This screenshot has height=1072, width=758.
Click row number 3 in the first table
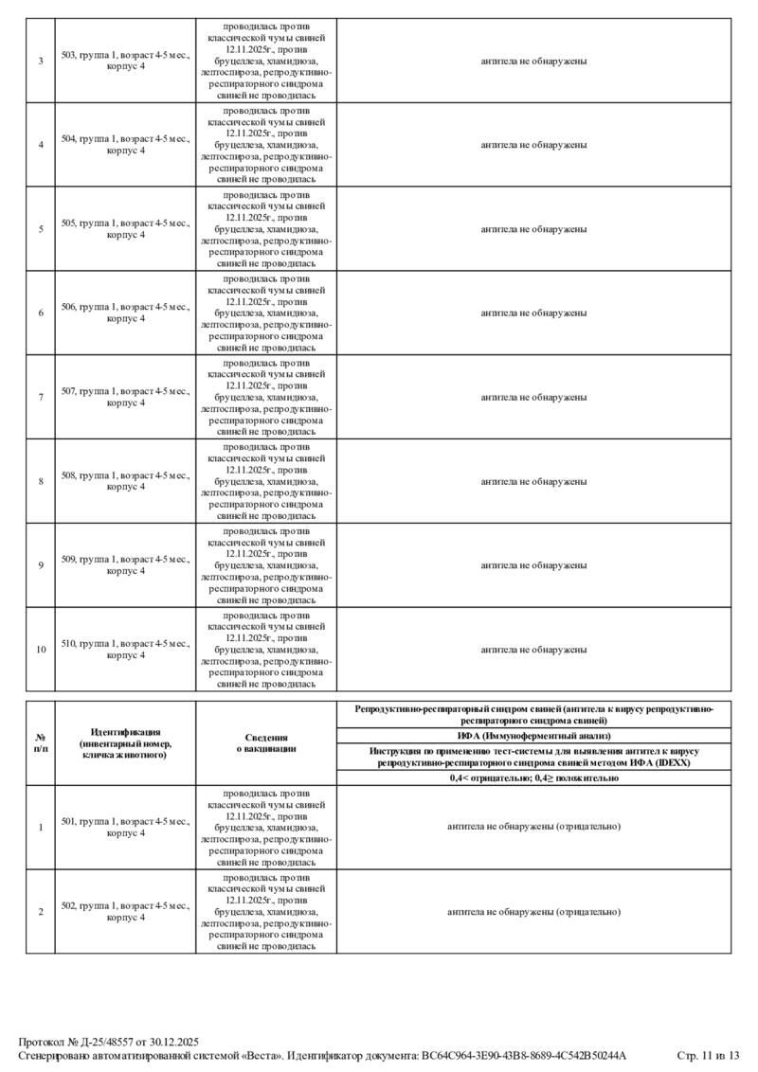click(41, 62)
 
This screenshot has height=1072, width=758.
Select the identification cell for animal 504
click(125, 145)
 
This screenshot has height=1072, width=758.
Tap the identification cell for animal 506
click(125, 313)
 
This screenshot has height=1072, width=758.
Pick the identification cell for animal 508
click(125, 481)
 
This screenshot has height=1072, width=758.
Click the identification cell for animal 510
click(125, 650)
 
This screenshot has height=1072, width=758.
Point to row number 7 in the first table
click(41, 397)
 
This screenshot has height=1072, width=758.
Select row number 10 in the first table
click(41, 650)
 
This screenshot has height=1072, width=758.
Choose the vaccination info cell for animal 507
click(266, 397)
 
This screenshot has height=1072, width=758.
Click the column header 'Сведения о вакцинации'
click(266, 743)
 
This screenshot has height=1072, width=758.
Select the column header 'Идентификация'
click(125, 743)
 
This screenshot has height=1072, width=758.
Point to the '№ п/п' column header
click(41, 743)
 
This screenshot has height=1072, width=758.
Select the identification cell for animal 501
click(125, 827)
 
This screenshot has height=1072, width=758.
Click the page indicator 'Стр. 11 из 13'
click(707, 1055)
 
